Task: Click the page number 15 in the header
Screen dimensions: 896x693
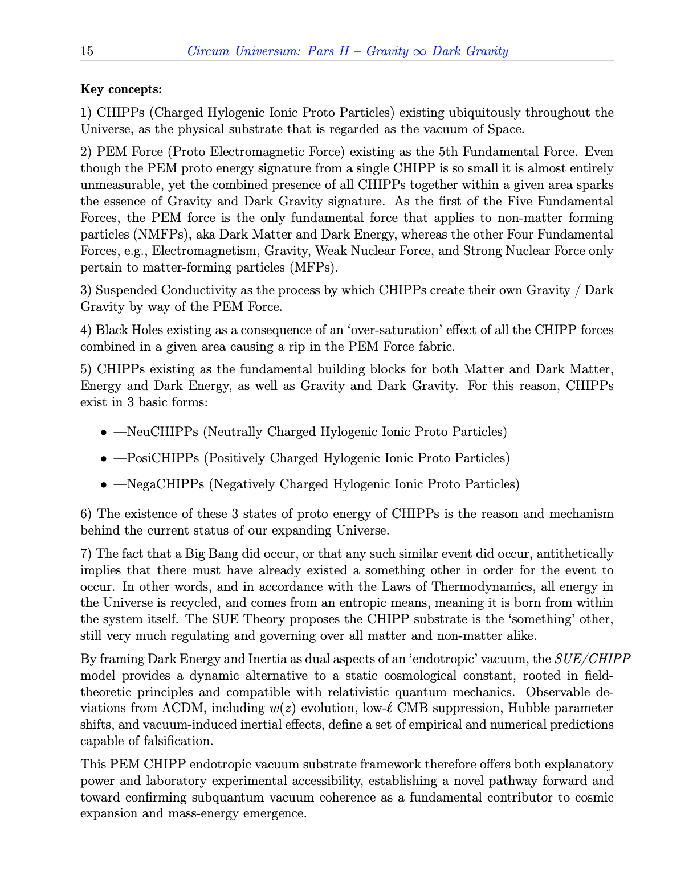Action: click(x=87, y=51)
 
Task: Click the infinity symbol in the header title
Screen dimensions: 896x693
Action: click(x=419, y=52)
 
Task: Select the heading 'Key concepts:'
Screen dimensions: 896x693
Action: click(x=121, y=89)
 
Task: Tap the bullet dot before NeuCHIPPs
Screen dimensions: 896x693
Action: click(x=104, y=433)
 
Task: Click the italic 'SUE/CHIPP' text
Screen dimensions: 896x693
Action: click(x=592, y=659)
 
